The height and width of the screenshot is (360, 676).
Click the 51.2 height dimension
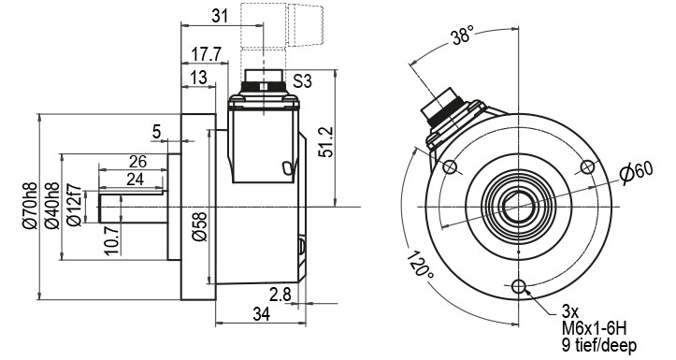[327, 142]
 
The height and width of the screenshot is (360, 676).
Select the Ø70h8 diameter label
[30, 205]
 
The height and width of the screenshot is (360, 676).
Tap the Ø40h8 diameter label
[52, 205]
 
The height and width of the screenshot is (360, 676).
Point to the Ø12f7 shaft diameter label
[75, 205]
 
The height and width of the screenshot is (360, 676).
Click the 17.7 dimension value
[206, 55]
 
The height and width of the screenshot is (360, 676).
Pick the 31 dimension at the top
[220, 17]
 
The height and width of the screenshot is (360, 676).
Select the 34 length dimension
[261, 314]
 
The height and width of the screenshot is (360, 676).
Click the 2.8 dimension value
[280, 295]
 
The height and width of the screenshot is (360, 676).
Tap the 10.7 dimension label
[112, 240]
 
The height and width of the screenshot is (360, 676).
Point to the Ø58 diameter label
[200, 226]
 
